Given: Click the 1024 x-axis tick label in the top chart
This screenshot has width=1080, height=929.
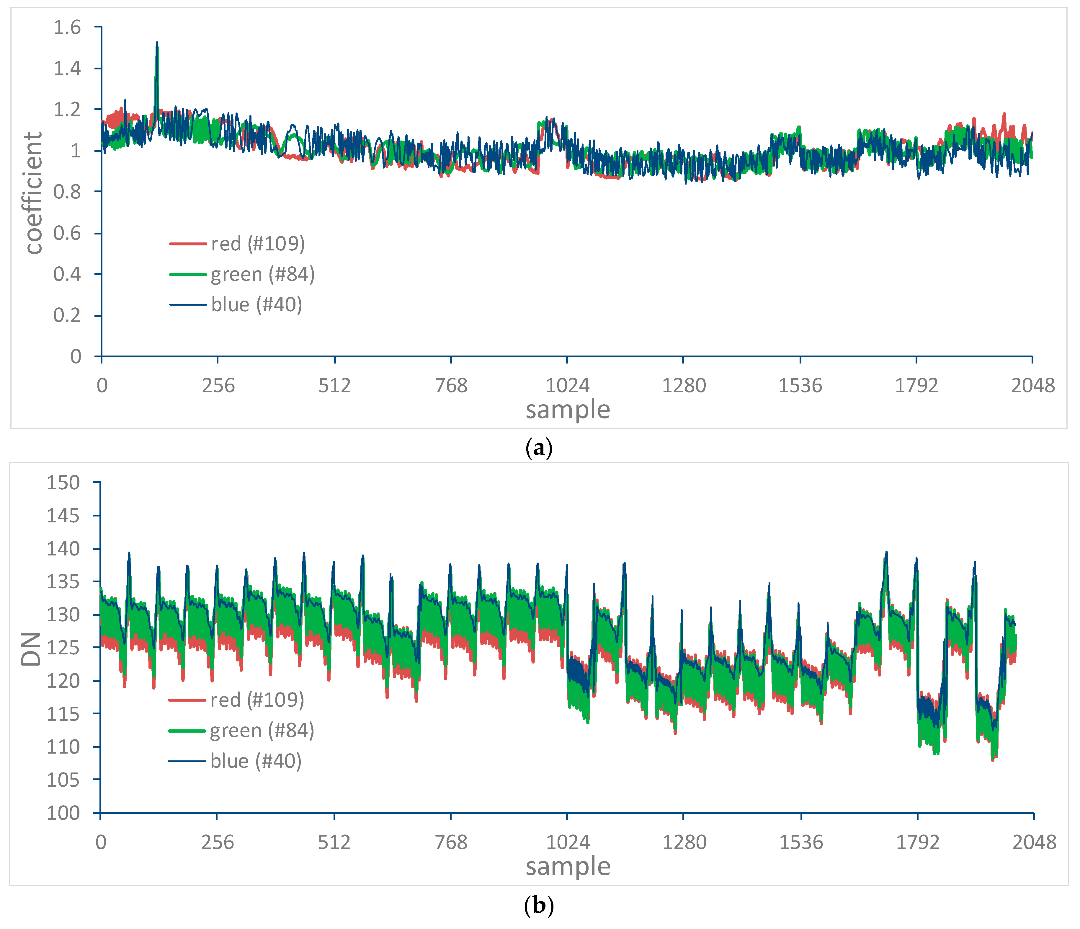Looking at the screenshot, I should (567, 386).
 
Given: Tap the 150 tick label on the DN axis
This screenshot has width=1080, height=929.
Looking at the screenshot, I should (63, 483).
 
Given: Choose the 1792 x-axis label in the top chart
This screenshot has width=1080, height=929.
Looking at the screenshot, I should (916, 386).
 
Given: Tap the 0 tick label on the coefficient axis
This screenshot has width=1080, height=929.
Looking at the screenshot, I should (76, 357).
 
